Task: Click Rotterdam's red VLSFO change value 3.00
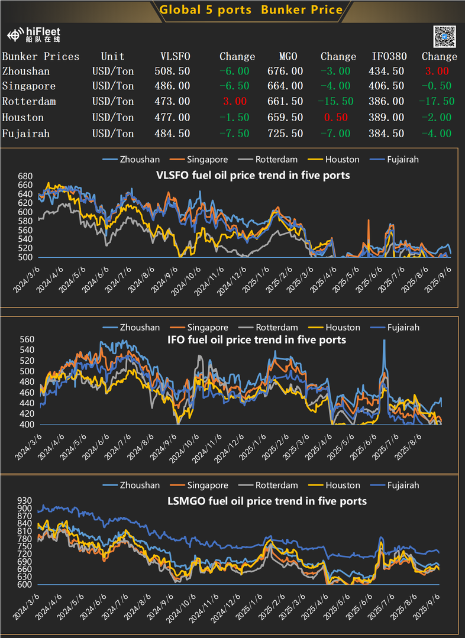coord(237,102)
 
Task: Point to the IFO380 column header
coord(388,57)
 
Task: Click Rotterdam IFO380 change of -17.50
coord(436,102)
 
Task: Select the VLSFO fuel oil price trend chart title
coord(253,175)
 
